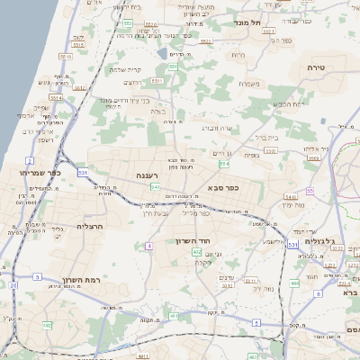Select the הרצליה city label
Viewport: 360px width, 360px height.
[x=91, y=226]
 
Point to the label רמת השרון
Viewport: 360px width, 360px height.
[x=67, y=280]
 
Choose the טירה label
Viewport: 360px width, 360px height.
[x=315, y=68]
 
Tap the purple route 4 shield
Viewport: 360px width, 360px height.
[x=38, y=276]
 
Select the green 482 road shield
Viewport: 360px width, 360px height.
[x=47, y=324]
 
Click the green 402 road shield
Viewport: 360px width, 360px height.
[x=196, y=253]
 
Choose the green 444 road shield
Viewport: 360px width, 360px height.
[x=294, y=283]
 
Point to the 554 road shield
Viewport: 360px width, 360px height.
[x=223, y=164]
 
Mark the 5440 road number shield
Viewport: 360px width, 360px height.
[x=289, y=196]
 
